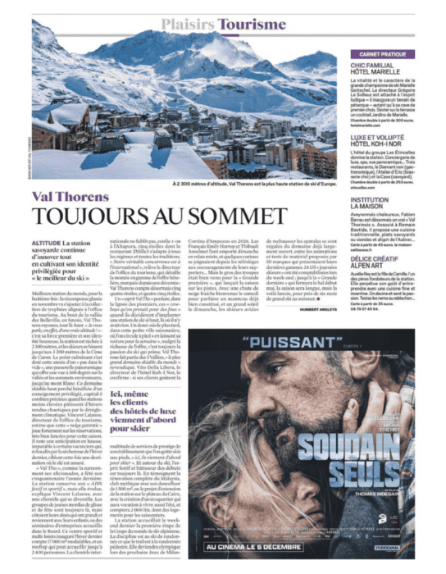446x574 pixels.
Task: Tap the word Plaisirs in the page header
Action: (x=182, y=26)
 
